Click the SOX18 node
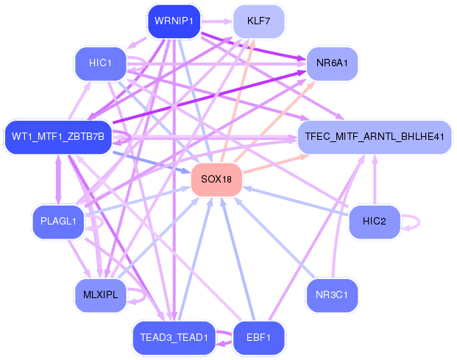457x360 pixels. (x=216, y=180)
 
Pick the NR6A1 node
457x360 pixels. (x=333, y=63)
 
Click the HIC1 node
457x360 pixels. (x=100, y=63)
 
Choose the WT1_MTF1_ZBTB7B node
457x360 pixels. (x=58, y=136)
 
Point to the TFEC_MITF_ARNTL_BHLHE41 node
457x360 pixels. (x=374, y=137)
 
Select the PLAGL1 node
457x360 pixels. (x=58, y=222)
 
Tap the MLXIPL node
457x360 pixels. (x=100, y=294)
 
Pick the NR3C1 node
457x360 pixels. (x=333, y=294)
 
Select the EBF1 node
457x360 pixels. (x=258, y=338)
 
